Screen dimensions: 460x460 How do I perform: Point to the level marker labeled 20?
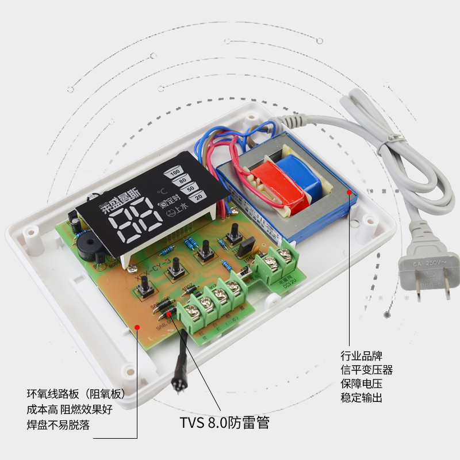click(x=199, y=197)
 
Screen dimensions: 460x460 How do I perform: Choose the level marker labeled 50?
click(x=191, y=189)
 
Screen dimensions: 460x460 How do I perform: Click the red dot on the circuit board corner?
click(x=137, y=326)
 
